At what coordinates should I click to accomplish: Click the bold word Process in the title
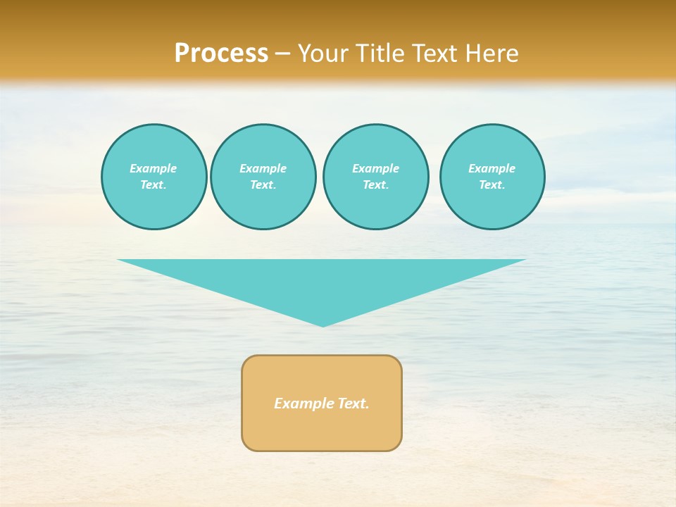[221, 54]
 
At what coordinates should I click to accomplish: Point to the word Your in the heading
[323, 54]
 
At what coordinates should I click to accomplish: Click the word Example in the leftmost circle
[154, 168]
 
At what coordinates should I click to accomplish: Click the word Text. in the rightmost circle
[492, 185]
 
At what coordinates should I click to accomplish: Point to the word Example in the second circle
[263, 168]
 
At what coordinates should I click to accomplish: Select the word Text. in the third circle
[376, 185]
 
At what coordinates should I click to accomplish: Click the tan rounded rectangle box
[322, 430]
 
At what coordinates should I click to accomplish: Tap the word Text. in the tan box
[353, 403]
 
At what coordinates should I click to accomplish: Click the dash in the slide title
[282, 54]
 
